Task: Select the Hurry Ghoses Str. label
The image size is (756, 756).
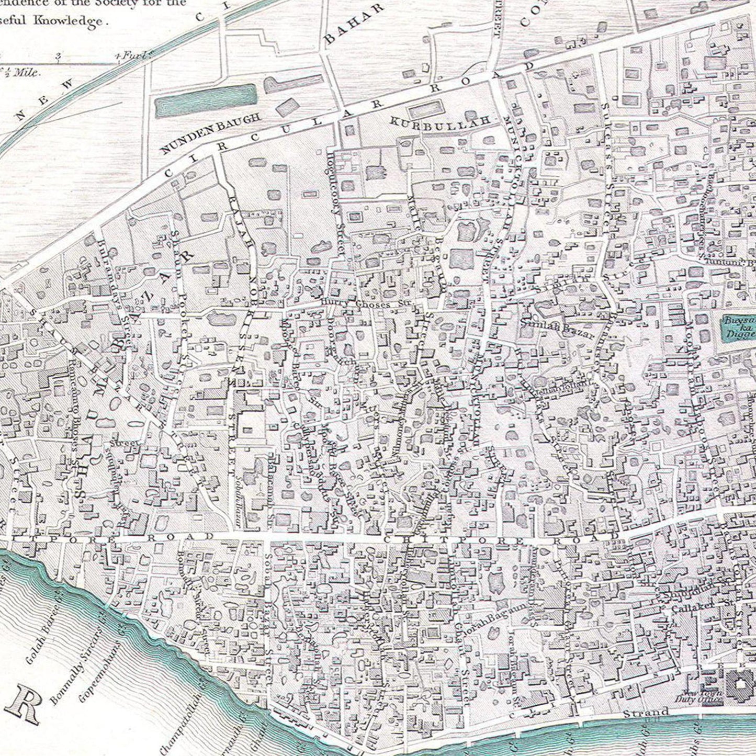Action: pyautogui.click(x=366, y=302)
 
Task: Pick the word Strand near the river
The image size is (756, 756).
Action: pyautogui.click(x=646, y=712)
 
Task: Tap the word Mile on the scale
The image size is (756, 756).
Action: pyautogui.click(x=26, y=73)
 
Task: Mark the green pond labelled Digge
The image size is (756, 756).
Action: pyautogui.click(x=739, y=327)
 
